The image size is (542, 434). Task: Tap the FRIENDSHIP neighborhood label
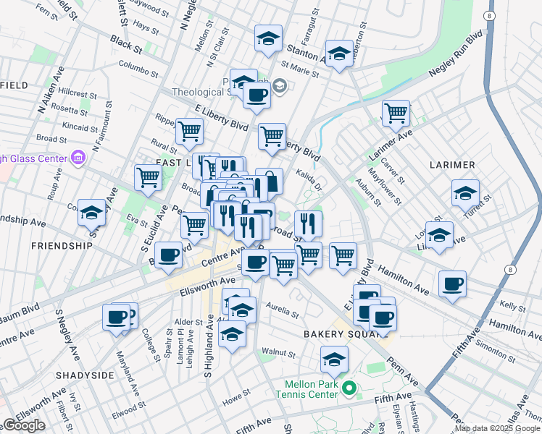pos(62,246)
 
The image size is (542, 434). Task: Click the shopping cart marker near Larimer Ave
pos(396,112)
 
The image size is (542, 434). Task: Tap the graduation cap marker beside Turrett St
pos(465,192)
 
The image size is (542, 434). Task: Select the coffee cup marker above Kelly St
pos(452,283)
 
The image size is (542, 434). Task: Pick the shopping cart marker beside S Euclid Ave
pos(148,176)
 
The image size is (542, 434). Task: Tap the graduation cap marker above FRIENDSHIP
pos(91,211)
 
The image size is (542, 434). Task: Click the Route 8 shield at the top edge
pos(491,15)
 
